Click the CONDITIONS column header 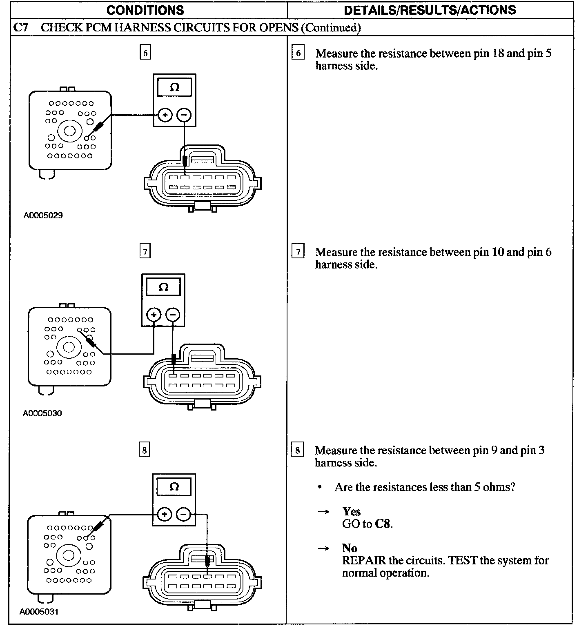click(x=145, y=10)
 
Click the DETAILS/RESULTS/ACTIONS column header click(x=430, y=10)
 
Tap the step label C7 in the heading click(x=20, y=27)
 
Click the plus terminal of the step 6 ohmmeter click(x=165, y=115)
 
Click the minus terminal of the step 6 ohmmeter click(x=184, y=115)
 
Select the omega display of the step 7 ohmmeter click(x=163, y=287)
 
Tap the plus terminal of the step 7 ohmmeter click(x=154, y=315)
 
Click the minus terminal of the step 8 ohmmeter click(x=183, y=515)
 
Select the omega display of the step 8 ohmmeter click(x=174, y=487)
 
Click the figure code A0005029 click(x=43, y=215)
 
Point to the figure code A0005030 click(x=42, y=413)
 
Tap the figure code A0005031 click(x=39, y=612)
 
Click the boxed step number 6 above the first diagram click(x=145, y=53)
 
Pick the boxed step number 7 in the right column click(x=298, y=252)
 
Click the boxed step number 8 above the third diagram click(x=144, y=450)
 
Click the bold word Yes click(x=352, y=511)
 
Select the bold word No click(x=350, y=548)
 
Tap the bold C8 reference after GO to click(x=383, y=524)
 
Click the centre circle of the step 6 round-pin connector click(x=69, y=131)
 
